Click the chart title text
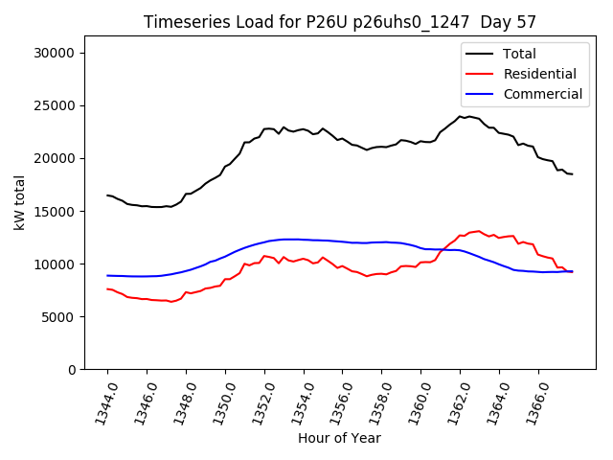click(339, 22)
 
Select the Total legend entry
click(519, 55)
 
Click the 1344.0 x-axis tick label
click(101, 402)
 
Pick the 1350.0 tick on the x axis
click(218, 402)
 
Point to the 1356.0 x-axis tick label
click(335, 402)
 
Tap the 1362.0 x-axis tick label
click(453, 402)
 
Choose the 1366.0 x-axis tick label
click(532, 402)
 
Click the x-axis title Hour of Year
click(339, 439)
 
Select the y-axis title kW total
click(19, 201)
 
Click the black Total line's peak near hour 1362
click(461, 116)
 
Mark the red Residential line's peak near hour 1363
click(479, 231)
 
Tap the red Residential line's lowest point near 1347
click(171, 302)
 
